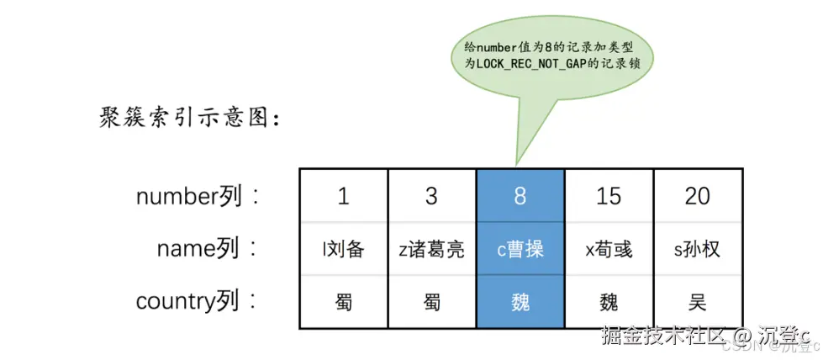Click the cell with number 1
[343, 196]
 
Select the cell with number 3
[431, 196]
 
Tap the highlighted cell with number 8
[520, 196]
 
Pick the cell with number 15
[609, 196]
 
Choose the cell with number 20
[697, 196]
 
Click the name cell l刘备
[343, 249]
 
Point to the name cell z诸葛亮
[431, 249]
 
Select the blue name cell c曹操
[520, 249]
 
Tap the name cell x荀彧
[609, 249]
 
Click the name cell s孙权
[697, 249]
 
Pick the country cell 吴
[697, 301]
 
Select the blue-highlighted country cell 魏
[520, 301]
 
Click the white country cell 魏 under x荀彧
[609, 301]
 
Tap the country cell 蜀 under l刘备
[343, 301]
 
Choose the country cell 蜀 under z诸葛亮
[431, 301]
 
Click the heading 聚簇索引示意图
[188, 119]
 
